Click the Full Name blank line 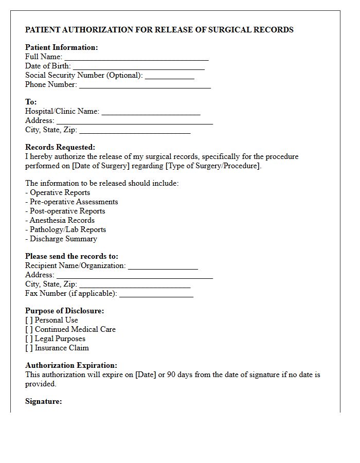pos(136,58)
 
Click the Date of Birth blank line pos(139,67)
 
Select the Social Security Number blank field pos(170,76)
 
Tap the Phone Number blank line pos(145,85)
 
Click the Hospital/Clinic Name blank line pos(151,112)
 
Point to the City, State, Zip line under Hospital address pos(135,131)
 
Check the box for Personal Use pos(29,320)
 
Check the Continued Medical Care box pos(29,329)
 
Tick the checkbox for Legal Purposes pos(29,339)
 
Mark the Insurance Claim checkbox pos(29,348)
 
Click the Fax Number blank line pos(156,294)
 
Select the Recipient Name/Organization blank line pos(163,266)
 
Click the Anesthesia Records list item pos(62,220)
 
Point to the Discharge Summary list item pos(63,239)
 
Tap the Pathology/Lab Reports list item pos(67,229)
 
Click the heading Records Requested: pos(60,147)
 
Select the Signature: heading pos(44,401)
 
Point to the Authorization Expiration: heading pos(71,365)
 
